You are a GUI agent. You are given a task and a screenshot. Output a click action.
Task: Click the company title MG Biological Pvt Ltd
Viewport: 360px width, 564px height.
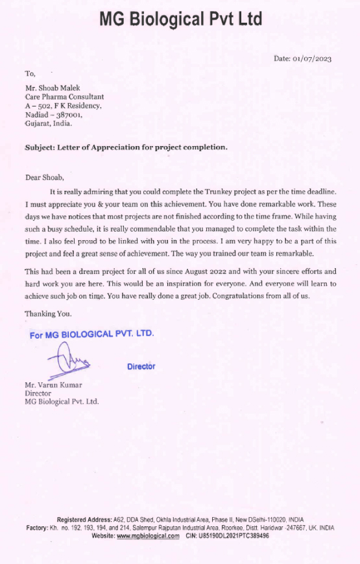180,19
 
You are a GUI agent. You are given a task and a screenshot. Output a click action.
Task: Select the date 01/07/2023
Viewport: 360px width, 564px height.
312,59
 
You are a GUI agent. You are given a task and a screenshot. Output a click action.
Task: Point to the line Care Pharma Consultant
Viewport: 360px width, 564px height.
64,97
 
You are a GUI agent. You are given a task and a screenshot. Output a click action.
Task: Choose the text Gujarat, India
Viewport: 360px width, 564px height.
49,123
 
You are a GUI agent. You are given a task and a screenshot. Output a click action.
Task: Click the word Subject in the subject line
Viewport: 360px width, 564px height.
39,147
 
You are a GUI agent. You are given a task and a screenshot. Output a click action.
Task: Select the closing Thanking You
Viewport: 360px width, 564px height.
48,314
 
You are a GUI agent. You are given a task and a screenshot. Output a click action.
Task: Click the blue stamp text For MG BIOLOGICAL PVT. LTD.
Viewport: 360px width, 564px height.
91,335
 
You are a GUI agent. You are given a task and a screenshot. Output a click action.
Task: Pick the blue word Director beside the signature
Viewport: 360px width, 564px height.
141,367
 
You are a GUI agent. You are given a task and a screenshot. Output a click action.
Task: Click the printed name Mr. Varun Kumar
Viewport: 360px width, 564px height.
54,385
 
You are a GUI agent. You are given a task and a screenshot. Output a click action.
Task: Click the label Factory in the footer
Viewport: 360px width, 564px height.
37,528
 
